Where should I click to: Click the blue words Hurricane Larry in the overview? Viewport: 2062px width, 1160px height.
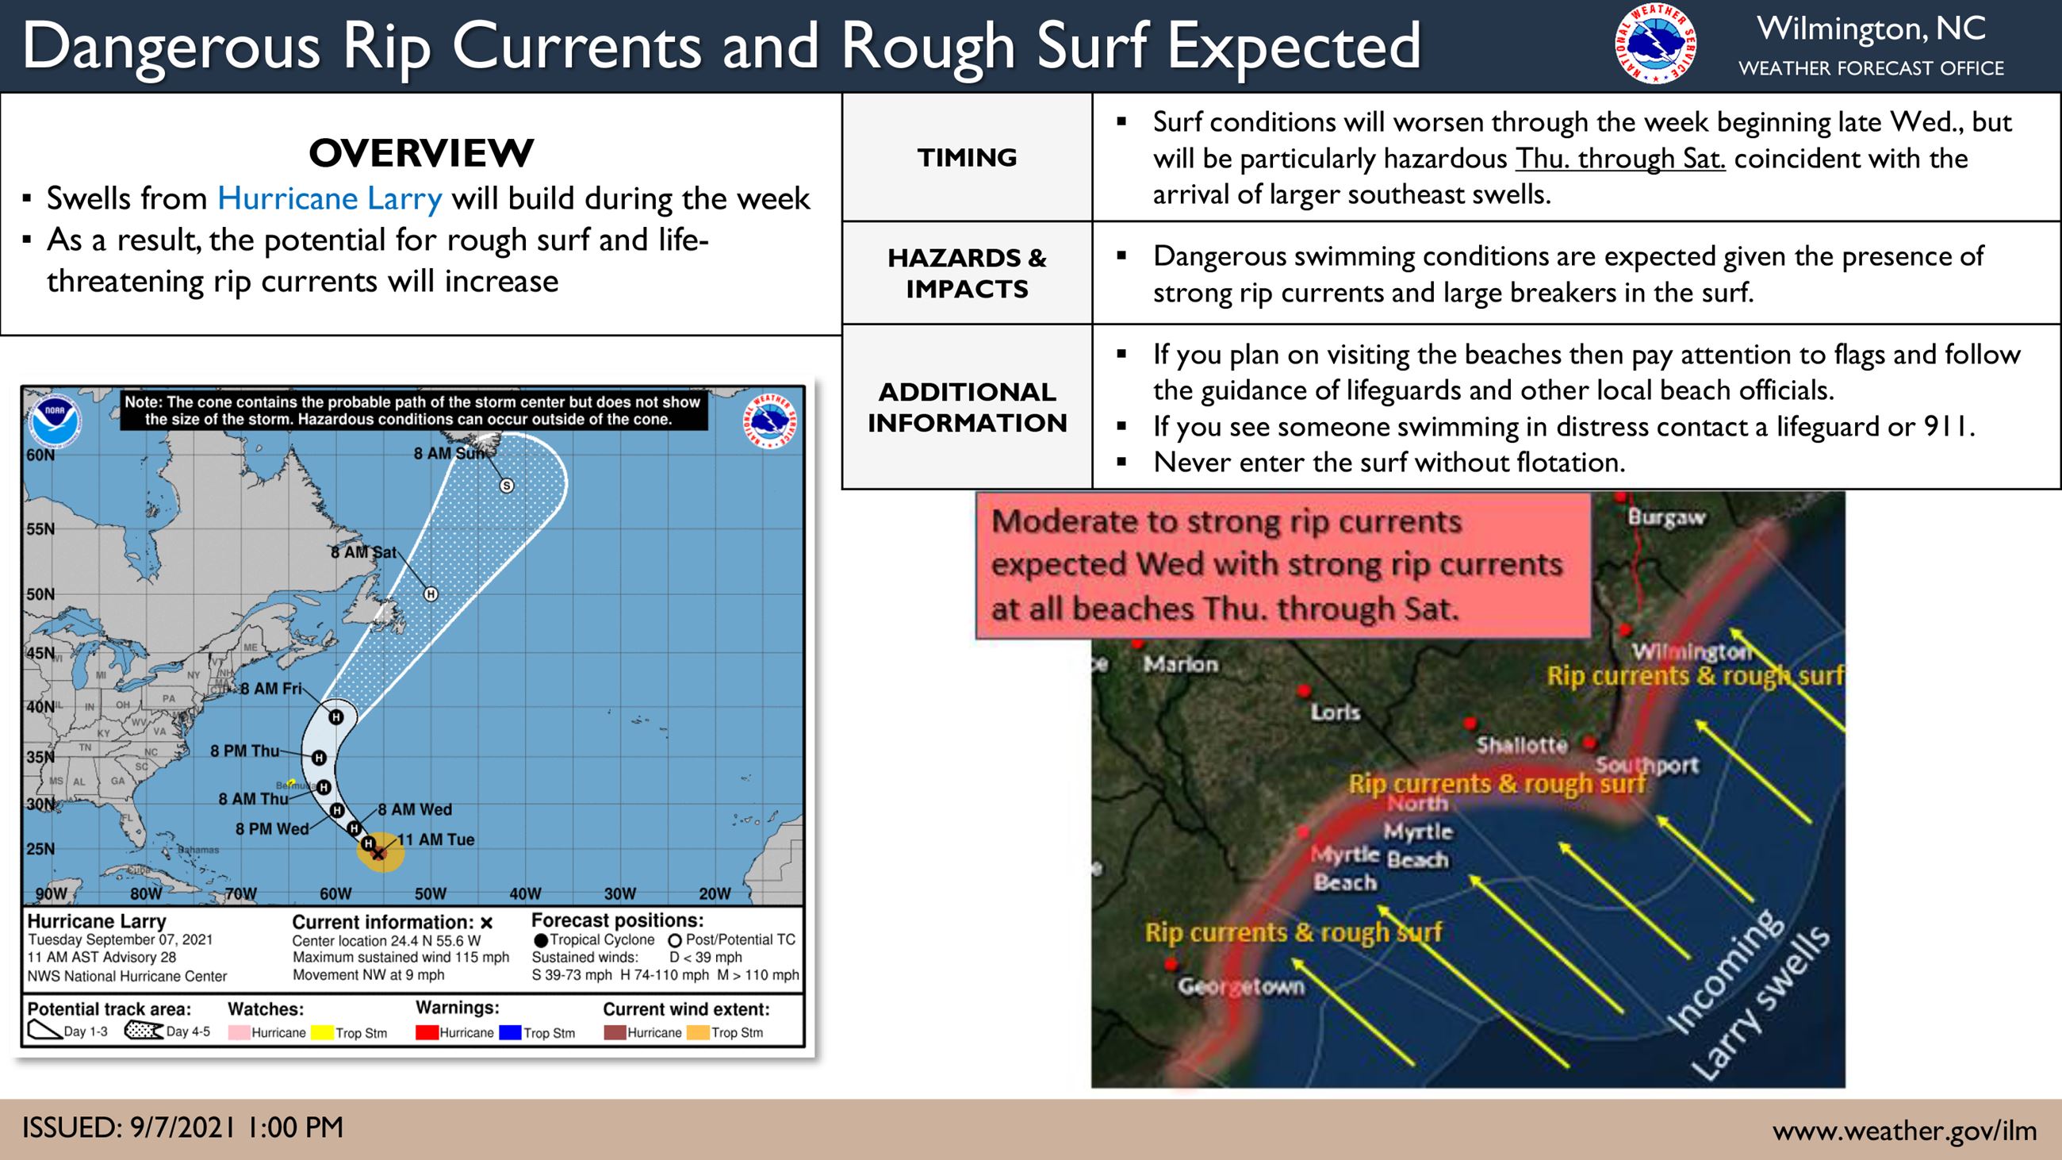(x=330, y=198)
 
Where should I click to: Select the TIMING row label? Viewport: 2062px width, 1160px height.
(x=967, y=158)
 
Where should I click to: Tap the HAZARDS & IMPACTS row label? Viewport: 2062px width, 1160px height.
(x=967, y=273)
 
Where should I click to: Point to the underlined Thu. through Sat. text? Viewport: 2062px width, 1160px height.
(x=1620, y=159)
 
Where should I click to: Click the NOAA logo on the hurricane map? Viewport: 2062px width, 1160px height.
(x=55, y=421)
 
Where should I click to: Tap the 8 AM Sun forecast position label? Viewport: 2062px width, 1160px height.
(x=449, y=454)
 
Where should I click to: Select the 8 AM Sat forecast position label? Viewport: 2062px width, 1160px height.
(x=363, y=552)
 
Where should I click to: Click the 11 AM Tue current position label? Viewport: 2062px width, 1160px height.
(x=436, y=839)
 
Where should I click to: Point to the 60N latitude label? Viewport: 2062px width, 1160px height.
(x=40, y=455)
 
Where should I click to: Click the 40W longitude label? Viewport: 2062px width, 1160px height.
(x=525, y=894)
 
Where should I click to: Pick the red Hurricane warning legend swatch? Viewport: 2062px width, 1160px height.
(x=427, y=1033)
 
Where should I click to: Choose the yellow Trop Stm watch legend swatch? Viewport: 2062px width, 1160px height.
(x=322, y=1033)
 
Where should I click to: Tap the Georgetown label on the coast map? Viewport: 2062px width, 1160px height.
(x=1240, y=986)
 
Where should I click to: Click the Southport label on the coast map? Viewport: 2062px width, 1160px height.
(x=1646, y=766)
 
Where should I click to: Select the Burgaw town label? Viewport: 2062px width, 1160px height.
(x=1666, y=518)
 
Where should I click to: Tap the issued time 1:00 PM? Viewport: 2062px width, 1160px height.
(x=295, y=1127)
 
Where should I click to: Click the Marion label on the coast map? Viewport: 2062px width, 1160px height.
(x=1180, y=663)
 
